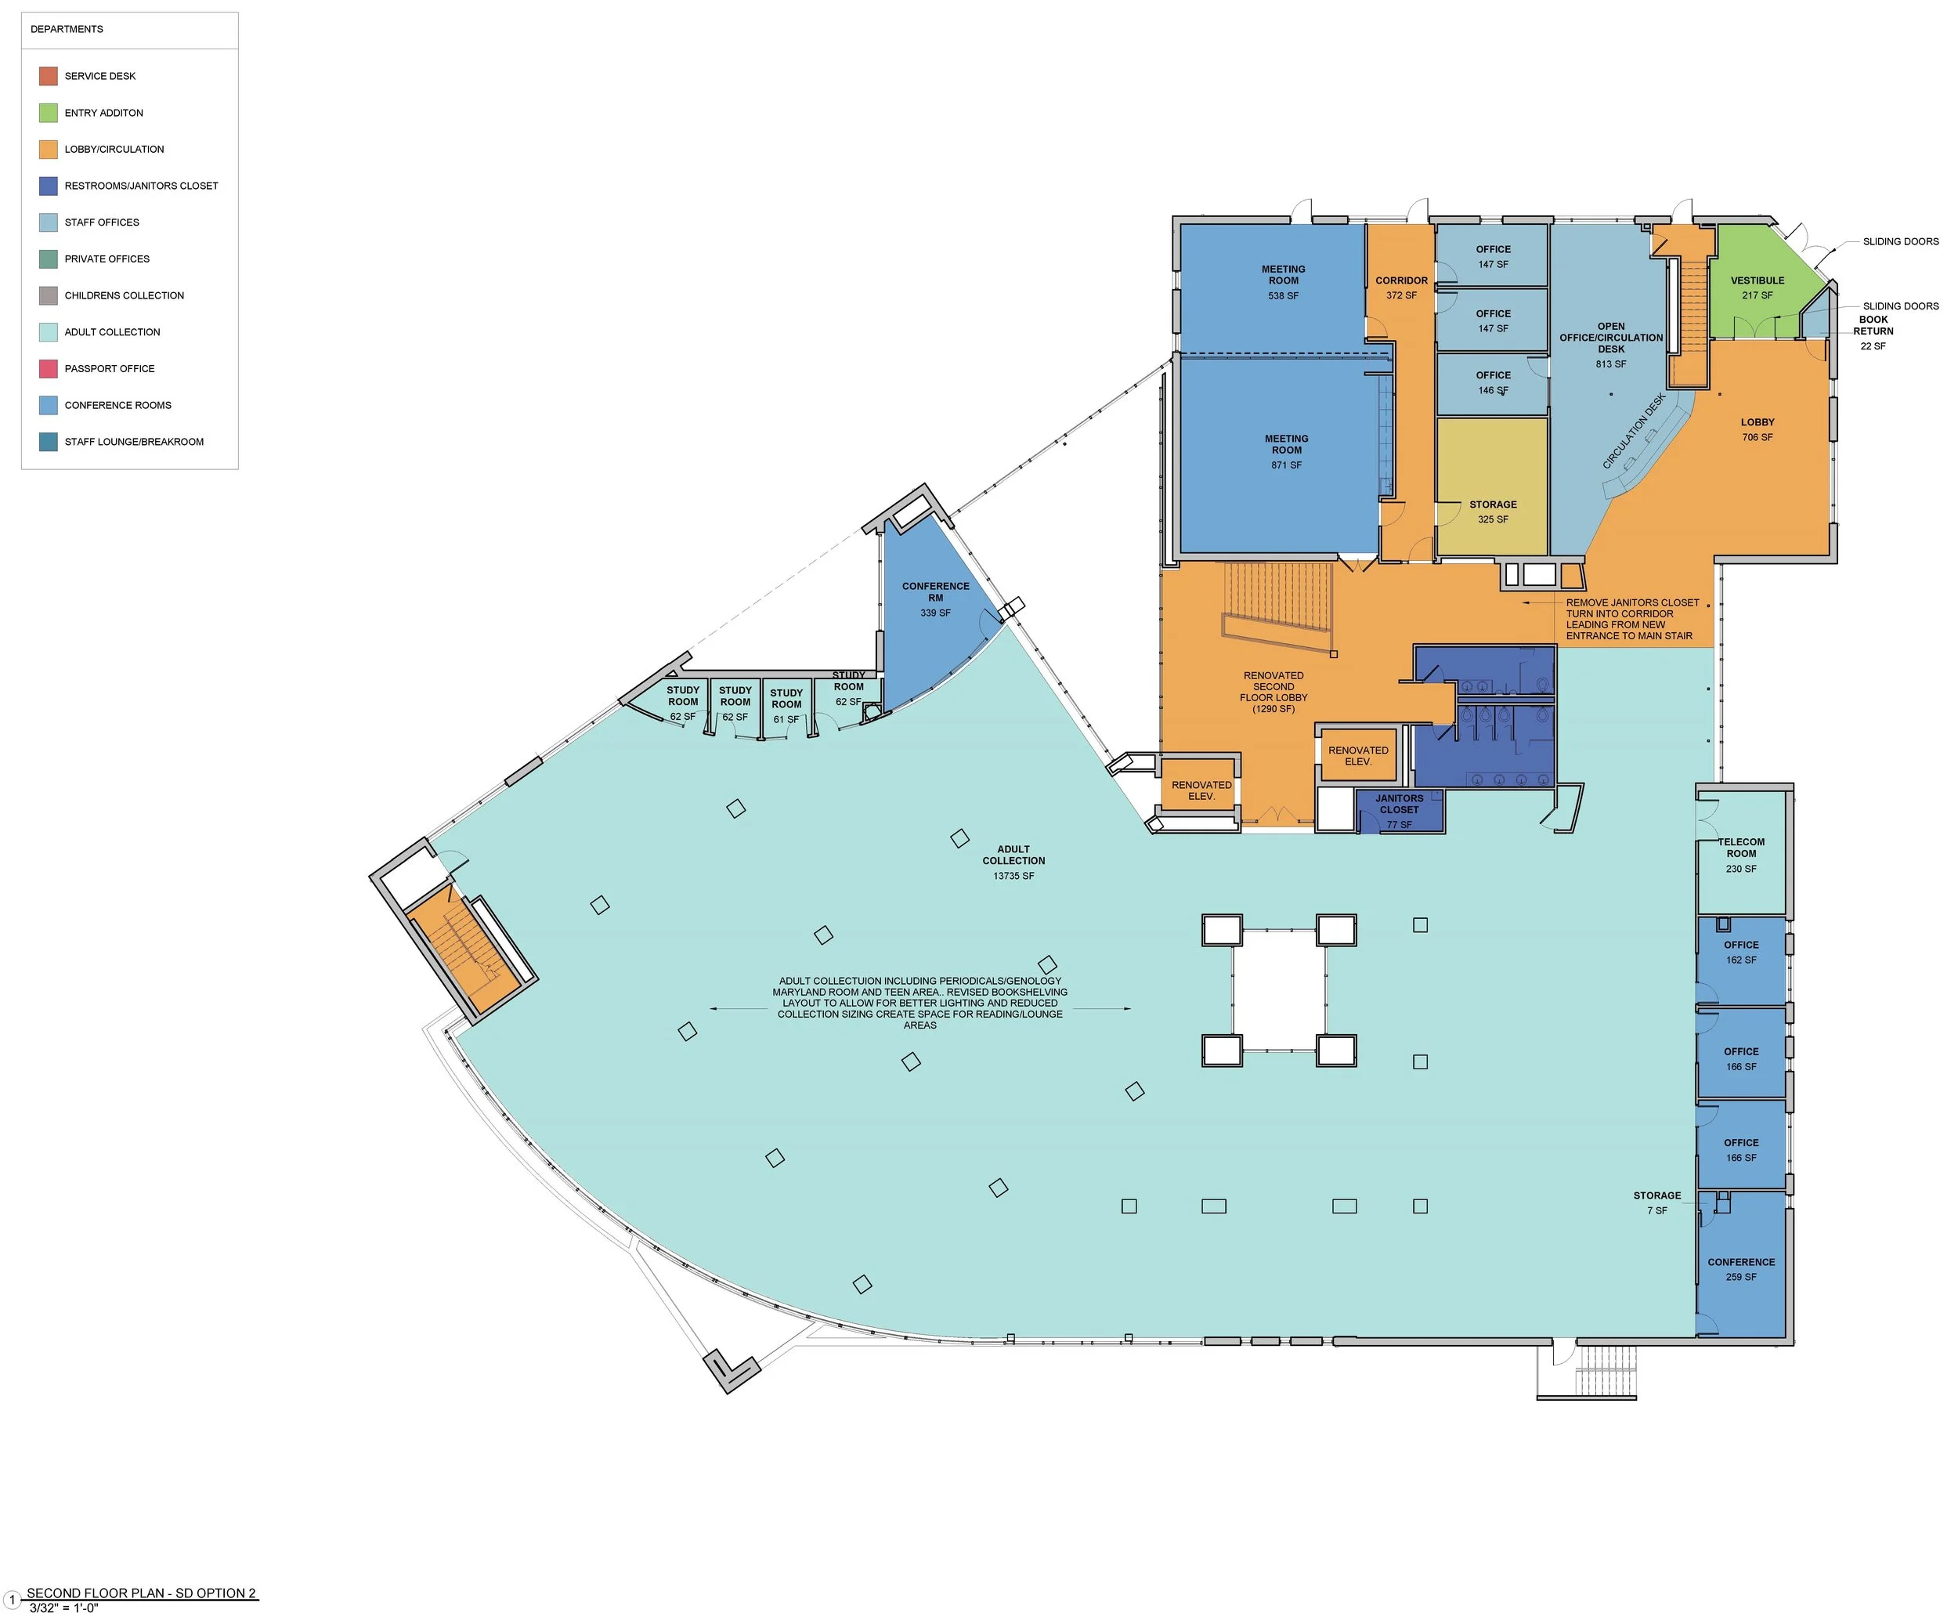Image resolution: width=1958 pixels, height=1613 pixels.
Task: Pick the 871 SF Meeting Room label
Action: click(1287, 451)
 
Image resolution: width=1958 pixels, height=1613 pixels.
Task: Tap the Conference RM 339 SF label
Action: click(935, 599)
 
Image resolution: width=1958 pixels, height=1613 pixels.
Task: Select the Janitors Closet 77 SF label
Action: click(1399, 811)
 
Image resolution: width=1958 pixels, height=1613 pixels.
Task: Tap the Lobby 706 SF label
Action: click(1758, 429)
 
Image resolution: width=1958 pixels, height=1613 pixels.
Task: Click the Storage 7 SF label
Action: click(1657, 1203)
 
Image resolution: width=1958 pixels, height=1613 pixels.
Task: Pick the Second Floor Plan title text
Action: click(142, 1593)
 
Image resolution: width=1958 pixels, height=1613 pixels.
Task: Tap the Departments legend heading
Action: click(67, 30)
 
